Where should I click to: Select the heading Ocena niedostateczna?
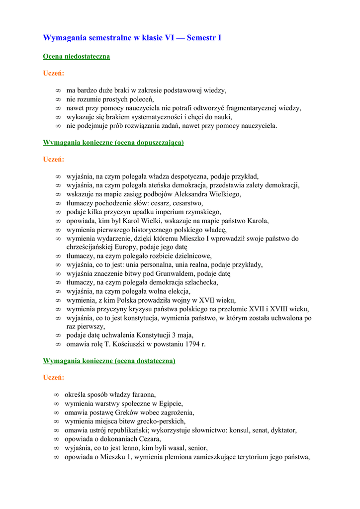(76, 57)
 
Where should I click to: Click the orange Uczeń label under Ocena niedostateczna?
(53, 74)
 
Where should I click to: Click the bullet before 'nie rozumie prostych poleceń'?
(58, 99)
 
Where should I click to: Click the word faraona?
(140, 395)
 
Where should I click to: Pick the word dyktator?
(288, 430)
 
